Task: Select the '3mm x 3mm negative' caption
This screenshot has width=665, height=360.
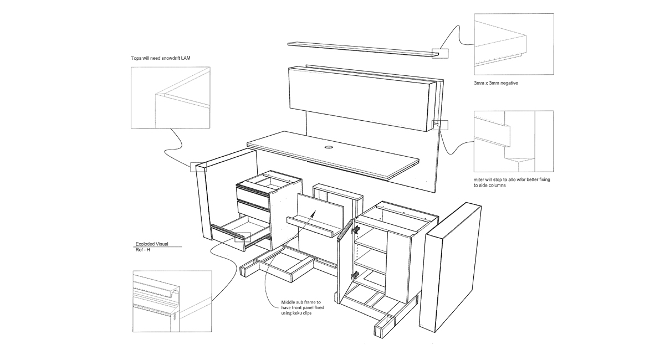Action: point(495,83)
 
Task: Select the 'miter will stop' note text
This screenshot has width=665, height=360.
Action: point(508,183)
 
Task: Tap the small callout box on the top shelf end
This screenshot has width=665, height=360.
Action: point(442,53)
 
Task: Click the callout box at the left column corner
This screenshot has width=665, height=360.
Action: point(198,167)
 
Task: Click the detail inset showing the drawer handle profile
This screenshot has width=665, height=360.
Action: point(172,301)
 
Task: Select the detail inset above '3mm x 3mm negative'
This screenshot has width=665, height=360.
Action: point(514,44)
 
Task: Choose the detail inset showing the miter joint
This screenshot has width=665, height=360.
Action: point(514,141)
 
